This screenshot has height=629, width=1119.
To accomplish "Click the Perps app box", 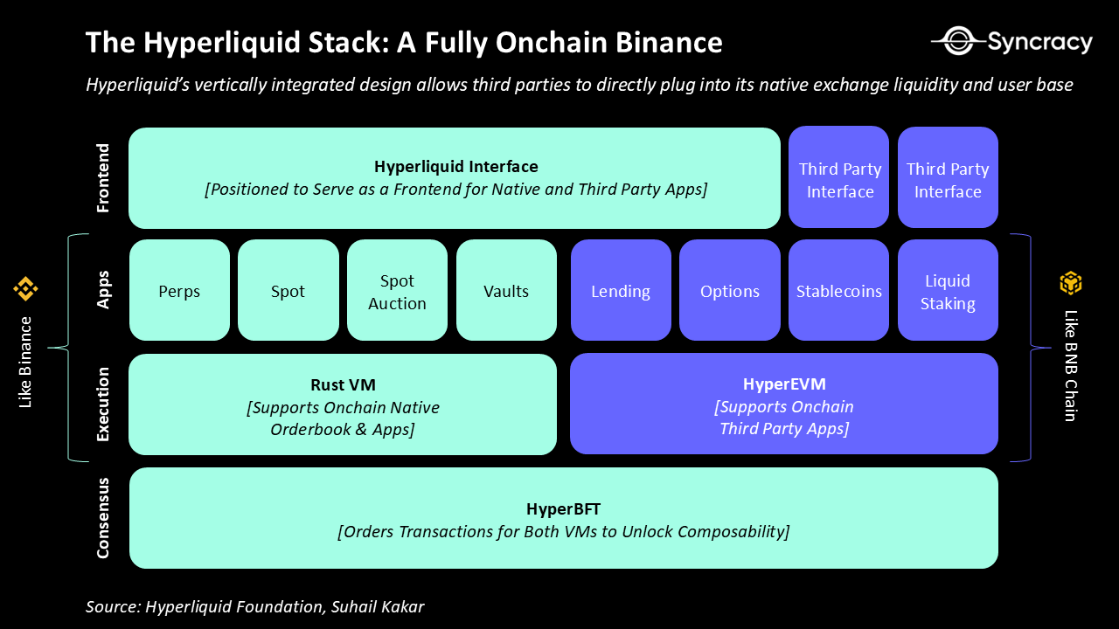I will click(x=179, y=291).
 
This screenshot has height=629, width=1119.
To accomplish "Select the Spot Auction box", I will click(x=397, y=291).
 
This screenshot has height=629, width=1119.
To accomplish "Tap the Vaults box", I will click(x=506, y=291).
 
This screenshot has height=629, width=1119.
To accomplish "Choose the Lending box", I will click(x=621, y=291).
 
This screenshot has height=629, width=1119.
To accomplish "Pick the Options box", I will click(x=730, y=291).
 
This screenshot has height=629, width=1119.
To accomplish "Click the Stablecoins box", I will click(x=838, y=291).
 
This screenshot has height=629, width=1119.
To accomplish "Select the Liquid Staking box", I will click(x=948, y=291).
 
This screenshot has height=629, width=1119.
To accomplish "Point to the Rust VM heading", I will click(x=343, y=385).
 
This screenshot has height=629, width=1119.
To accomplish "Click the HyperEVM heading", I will click(x=784, y=384).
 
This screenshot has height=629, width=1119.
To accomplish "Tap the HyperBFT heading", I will click(x=563, y=509).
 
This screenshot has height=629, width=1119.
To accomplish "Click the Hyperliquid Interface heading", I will click(x=455, y=166).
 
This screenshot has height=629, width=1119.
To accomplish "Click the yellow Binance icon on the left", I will click(x=24, y=288).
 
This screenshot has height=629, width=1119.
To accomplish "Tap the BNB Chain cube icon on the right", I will click(x=1071, y=283).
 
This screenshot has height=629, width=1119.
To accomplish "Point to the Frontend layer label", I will click(x=103, y=178).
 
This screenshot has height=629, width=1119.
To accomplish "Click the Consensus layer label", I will click(x=103, y=517).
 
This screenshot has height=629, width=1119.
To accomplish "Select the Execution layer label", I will click(x=103, y=404).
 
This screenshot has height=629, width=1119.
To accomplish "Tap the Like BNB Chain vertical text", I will click(x=1070, y=365).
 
